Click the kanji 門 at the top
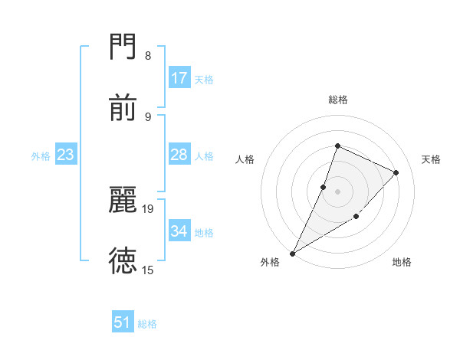(123, 48)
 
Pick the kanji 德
(123, 260)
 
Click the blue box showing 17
(179, 78)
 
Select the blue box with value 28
(179, 155)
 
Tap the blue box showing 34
(179, 231)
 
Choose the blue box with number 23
(66, 155)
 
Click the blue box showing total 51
(123, 322)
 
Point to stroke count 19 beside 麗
(148, 208)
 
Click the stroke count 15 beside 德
(148, 270)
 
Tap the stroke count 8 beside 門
(148, 56)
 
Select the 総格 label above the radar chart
(338, 100)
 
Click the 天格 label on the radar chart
(432, 159)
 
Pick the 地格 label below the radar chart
(402, 263)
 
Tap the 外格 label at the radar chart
(270, 263)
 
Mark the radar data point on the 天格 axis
(396, 172)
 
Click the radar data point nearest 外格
(292, 254)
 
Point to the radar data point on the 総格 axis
(337, 146)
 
